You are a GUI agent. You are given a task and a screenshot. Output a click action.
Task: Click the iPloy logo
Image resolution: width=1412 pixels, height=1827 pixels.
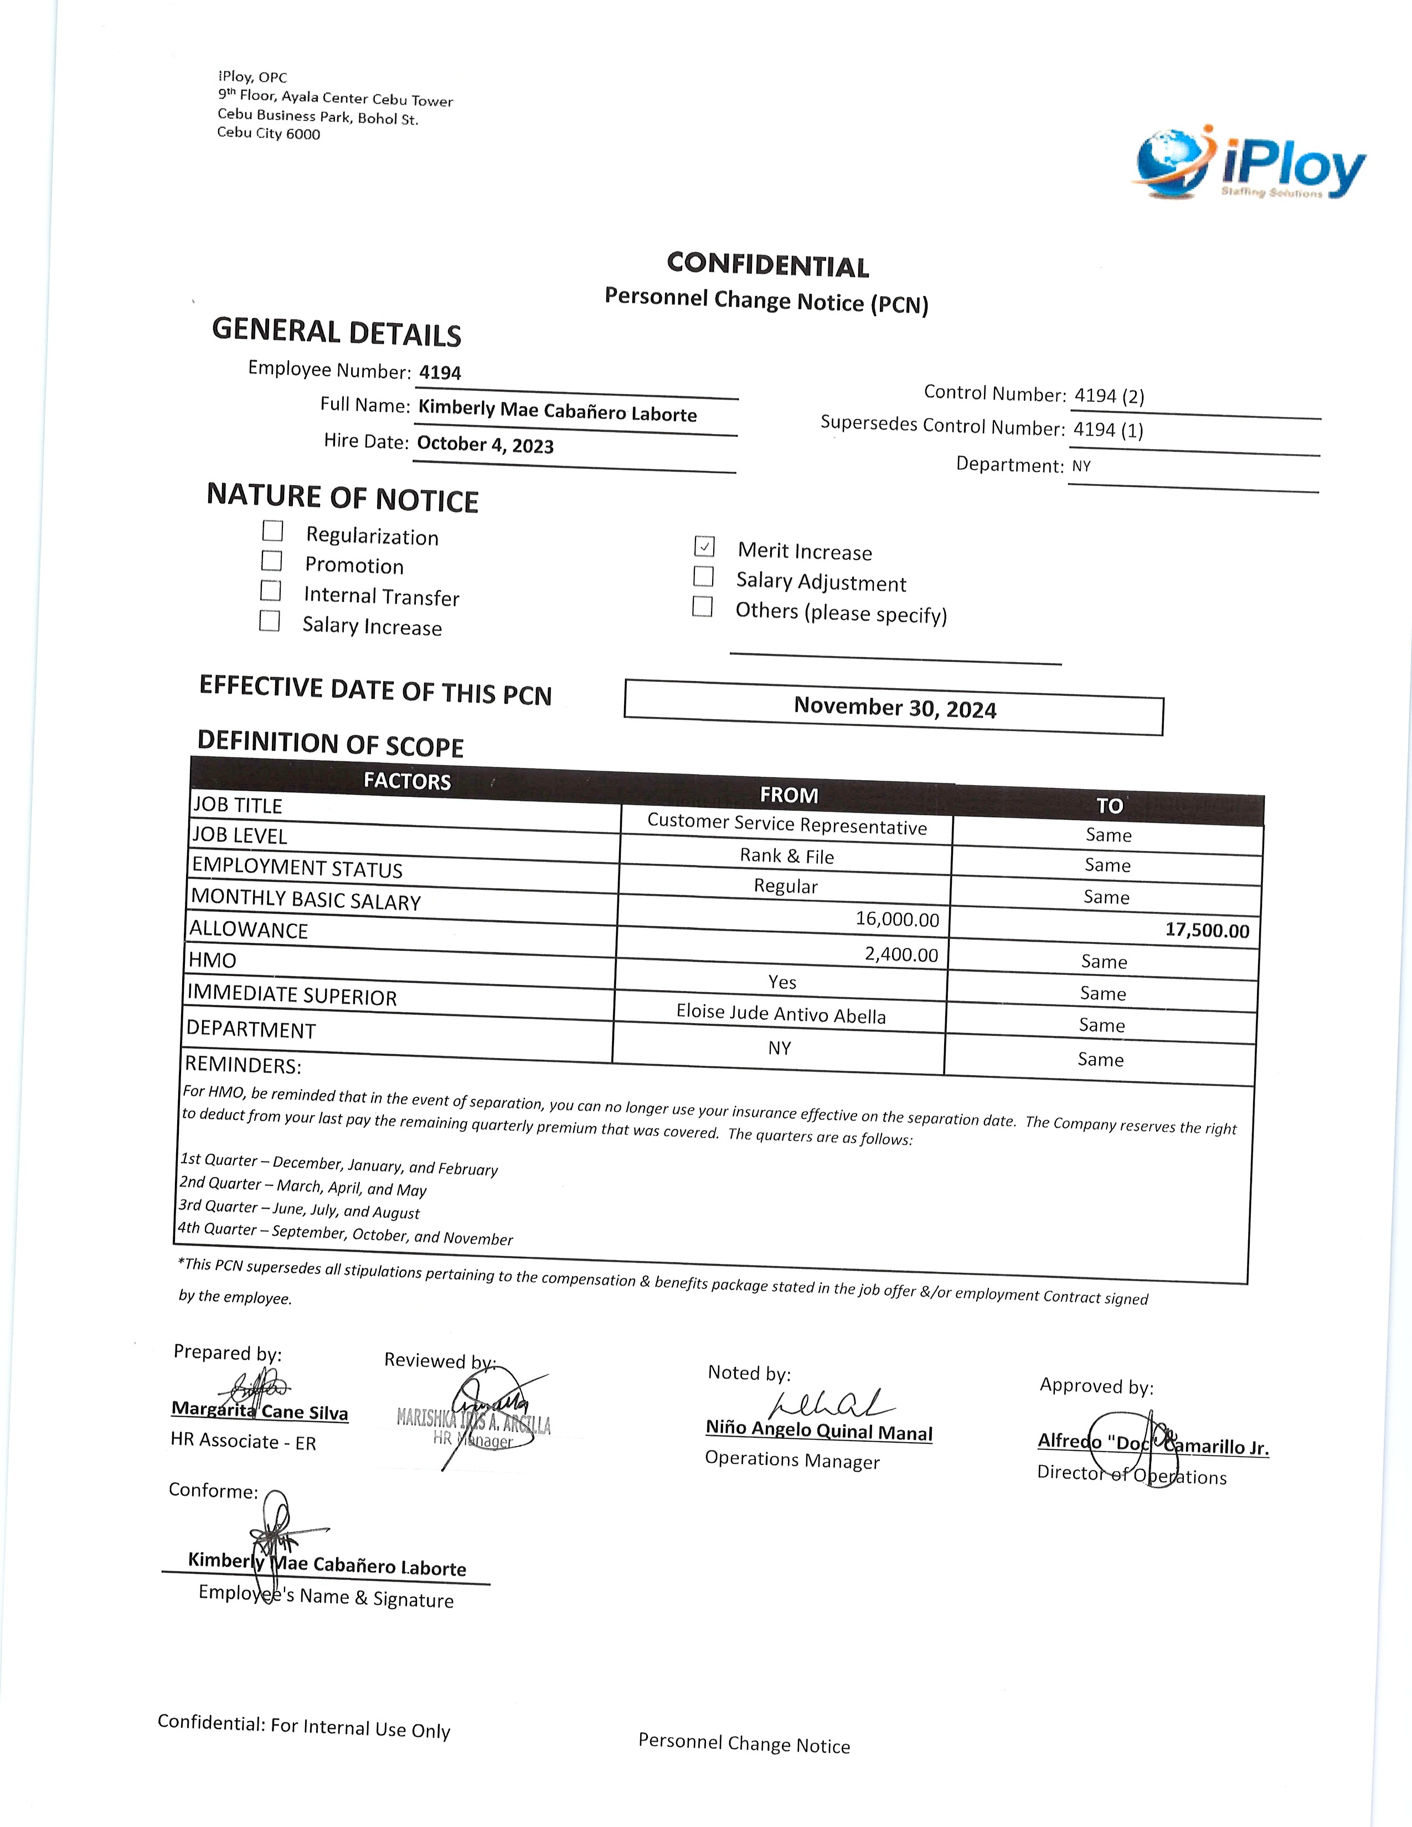[x=1250, y=165]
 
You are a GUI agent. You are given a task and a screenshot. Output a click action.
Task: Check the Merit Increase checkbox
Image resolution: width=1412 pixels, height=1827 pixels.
[x=704, y=546]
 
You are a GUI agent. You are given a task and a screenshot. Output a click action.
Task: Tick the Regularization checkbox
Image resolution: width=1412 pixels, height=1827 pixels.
[x=272, y=531]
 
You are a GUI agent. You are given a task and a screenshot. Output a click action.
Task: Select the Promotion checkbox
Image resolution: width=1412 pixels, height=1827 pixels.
[x=272, y=560]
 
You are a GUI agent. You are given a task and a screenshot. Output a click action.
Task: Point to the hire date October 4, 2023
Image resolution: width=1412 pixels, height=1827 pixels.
[x=485, y=444]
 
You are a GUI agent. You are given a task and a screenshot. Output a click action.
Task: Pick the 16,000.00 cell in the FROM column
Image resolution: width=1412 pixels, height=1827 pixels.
[x=896, y=920]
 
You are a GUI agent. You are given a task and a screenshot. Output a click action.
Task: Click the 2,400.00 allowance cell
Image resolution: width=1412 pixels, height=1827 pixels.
[x=901, y=954]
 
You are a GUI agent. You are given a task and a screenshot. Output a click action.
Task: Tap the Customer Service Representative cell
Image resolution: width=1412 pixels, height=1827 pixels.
[x=786, y=825]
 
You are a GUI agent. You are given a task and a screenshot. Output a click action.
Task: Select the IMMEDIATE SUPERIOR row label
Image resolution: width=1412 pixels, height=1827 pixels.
[x=292, y=995]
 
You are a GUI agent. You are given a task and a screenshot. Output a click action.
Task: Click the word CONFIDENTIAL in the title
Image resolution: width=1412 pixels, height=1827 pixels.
[x=768, y=265]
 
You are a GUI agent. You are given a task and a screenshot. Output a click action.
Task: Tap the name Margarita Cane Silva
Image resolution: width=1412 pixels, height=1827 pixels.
[x=259, y=1411]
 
